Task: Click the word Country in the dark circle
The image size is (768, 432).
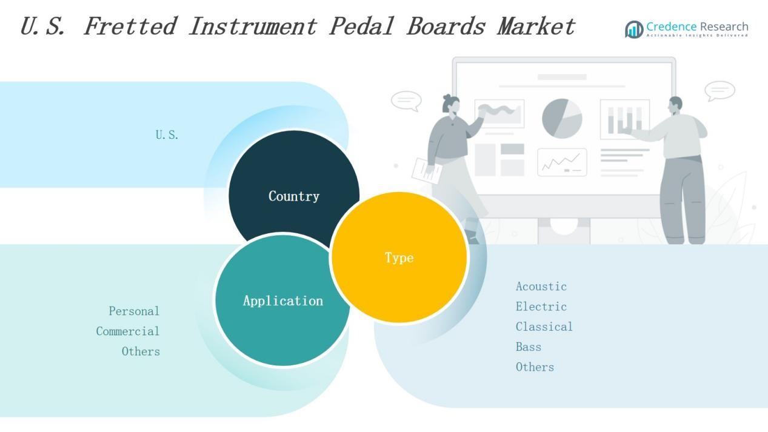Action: (294, 196)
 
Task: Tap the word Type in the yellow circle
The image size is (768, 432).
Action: (399, 258)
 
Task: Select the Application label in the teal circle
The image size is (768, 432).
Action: (283, 301)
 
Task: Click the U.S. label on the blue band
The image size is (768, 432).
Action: (167, 135)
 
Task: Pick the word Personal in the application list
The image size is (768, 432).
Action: (134, 311)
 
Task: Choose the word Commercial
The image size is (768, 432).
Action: (127, 331)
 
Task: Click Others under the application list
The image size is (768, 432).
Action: (141, 351)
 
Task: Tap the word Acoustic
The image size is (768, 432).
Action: (541, 287)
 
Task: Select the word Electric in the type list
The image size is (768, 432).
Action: (541, 307)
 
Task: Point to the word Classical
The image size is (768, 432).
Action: (544, 327)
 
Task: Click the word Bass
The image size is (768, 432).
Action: (529, 347)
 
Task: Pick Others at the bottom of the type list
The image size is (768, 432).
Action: (535, 367)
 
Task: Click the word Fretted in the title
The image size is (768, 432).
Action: (130, 27)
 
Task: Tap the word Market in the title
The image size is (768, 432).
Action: (536, 27)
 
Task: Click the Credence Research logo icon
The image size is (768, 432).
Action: (634, 30)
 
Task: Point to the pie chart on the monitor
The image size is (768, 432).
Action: (562, 119)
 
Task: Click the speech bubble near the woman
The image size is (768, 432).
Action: (406, 101)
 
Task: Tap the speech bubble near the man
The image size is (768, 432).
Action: (720, 91)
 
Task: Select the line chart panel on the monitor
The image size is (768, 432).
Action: (562, 162)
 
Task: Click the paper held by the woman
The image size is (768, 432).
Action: (427, 170)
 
